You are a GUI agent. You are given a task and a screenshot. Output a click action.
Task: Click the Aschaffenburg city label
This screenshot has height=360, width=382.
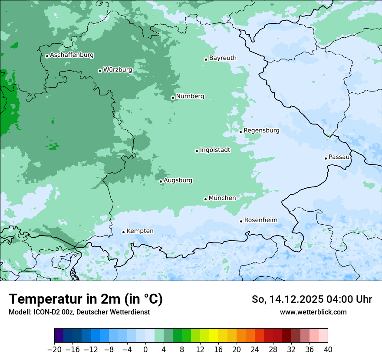pos(72,55)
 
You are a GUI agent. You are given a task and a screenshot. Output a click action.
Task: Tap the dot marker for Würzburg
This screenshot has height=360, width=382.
pos(100,71)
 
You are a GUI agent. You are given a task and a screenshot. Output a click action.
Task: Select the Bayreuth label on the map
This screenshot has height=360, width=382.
pos(223,58)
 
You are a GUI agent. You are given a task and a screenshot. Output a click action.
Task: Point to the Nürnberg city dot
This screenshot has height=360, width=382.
pos(173,98)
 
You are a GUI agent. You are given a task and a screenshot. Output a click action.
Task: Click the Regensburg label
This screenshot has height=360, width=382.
pos(261,131)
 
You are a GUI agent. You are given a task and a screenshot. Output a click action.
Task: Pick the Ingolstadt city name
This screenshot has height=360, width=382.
pos(215,150)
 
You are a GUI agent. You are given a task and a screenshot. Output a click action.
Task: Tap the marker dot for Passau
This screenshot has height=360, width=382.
pos(326,158)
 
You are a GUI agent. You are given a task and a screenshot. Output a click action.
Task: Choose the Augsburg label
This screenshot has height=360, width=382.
pos(178,180)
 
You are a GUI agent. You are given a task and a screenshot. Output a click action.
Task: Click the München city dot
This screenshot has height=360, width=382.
pos(205,199)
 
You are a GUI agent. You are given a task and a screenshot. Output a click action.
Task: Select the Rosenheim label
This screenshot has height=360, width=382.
pos(260,220)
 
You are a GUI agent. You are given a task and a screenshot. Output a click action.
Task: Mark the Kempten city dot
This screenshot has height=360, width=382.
pos(123,232)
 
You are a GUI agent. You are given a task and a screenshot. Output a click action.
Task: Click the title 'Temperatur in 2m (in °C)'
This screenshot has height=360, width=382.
pos(86,299)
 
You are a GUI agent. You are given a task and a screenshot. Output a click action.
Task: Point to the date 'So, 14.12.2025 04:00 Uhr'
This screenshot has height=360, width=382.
pos(312,299)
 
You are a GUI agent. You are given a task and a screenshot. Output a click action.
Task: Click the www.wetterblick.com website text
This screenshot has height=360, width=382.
pos(313,312)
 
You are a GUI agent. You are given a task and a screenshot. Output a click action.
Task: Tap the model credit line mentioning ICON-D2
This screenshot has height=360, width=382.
pos(79,312)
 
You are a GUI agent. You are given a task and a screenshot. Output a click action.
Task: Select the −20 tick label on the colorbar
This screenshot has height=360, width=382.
pos(54,350)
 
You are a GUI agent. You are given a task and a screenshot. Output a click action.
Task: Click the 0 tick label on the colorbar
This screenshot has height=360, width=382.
pos(145,350)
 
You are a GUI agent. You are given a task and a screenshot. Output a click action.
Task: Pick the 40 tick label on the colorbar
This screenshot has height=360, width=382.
pos(328,350)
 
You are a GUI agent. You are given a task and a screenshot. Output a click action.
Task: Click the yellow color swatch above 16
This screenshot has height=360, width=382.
pos(214,336)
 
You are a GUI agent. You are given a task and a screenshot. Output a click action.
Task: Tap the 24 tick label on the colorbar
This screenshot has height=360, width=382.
pos(255,350)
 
